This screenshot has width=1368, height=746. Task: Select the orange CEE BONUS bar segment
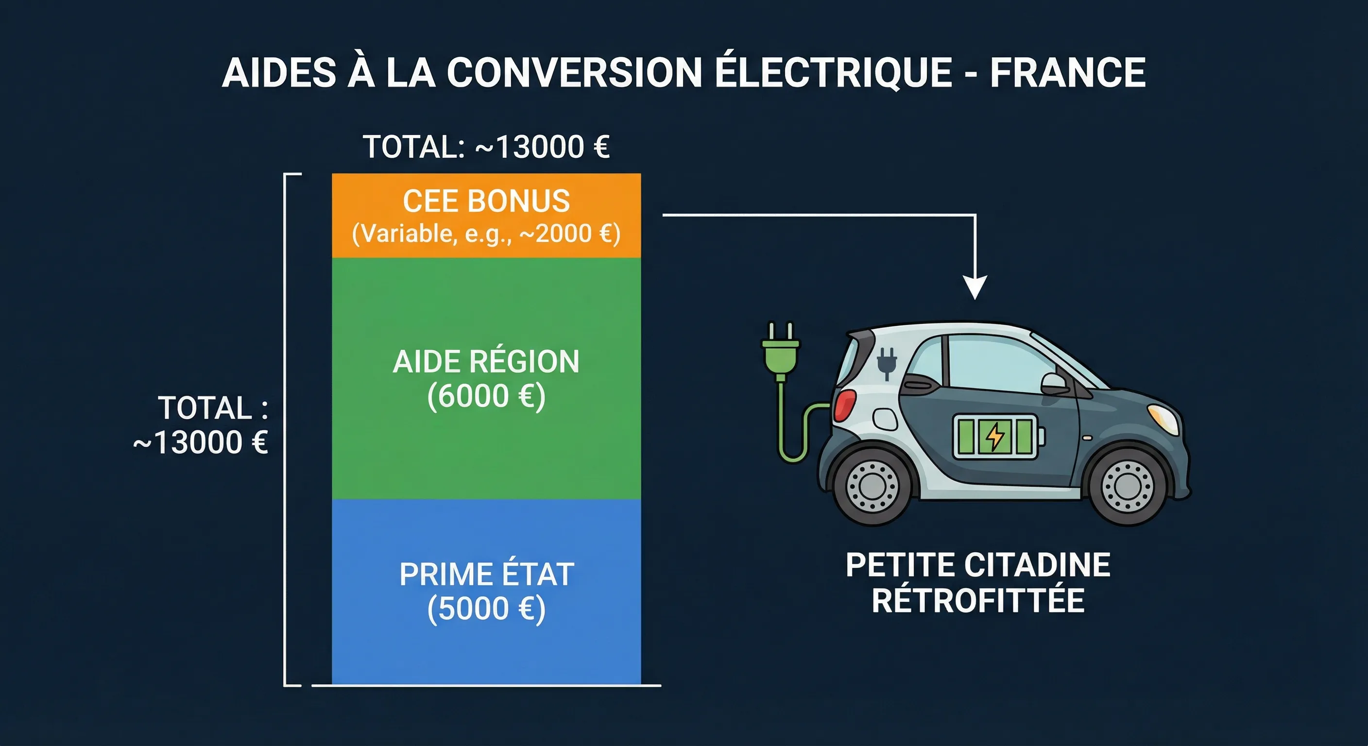pos(486,216)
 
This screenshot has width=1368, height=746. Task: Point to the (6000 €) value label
pos(486,396)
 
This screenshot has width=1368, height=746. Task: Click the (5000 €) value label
pos(486,609)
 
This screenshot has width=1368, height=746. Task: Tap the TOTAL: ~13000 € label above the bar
pos(486,147)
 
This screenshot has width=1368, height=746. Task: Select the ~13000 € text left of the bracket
pos(201,442)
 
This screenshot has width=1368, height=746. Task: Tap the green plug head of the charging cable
pos(780,351)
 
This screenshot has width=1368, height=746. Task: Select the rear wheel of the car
pos(872,486)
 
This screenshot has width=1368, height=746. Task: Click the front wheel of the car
pos(1127,486)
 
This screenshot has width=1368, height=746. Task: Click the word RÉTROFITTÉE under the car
pos(978,600)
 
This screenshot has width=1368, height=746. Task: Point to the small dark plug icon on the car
pos(887,362)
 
